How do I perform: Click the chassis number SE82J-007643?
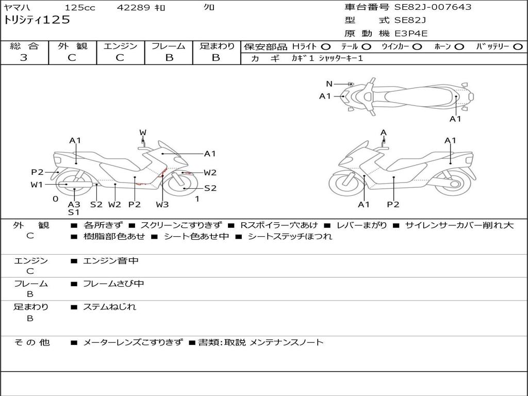click(x=433, y=7)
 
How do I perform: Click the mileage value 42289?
click(x=133, y=7)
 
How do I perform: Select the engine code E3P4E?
click(x=411, y=34)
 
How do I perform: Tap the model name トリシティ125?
click(x=37, y=20)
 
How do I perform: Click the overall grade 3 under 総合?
click(x=24, y=57)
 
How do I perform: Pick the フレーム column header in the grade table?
click(x=169, y=46)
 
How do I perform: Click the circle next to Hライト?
click(x=326, y=47)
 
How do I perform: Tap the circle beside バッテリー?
click(x=518, y=47)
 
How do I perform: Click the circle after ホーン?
click(x=459, y=47)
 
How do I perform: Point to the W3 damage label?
click(x=162, y=204)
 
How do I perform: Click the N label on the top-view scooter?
click(x=329, y=84)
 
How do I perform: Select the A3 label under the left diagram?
click(x=74, y=204)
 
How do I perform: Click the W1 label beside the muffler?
click(x=37, y=185)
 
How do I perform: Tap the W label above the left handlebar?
click(x=143, y=133)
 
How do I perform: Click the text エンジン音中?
click(x=111, y=260)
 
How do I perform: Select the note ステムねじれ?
click(x=110, y=307)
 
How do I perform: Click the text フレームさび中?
click(x=113, y=284)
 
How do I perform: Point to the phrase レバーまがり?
click(x=362, y=225)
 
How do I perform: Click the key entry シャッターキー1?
click(x=341, y=58)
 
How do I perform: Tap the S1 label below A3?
click(x=74, y=212)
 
